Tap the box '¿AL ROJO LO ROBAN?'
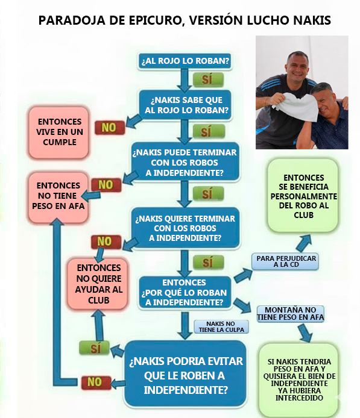coord(185,61)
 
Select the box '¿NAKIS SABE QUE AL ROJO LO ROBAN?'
coord(185,105)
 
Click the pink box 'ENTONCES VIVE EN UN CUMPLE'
coord(58,133)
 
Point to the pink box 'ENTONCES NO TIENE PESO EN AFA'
coord(58,197)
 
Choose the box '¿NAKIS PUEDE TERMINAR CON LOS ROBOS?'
coord(185,162)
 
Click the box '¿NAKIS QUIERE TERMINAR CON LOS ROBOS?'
coord(185,228)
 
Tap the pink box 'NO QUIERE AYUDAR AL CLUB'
coord(98,284)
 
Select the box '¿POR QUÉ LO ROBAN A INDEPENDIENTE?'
coord(185,293)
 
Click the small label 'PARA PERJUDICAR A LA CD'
coord(285,261)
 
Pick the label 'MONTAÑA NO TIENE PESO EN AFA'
coord(291,314)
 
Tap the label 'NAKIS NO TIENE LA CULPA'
coord(221,327)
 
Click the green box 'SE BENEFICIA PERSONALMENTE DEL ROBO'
coord(303,196)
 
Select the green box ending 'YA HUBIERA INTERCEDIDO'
coord(299,380)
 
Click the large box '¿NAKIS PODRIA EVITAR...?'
coord(186,375)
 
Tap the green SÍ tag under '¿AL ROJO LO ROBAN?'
coord(208,79)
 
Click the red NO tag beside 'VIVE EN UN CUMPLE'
coord(110,128)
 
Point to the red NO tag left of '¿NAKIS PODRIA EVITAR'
coord(96,382)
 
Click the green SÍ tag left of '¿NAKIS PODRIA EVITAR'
coord(95,348)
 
